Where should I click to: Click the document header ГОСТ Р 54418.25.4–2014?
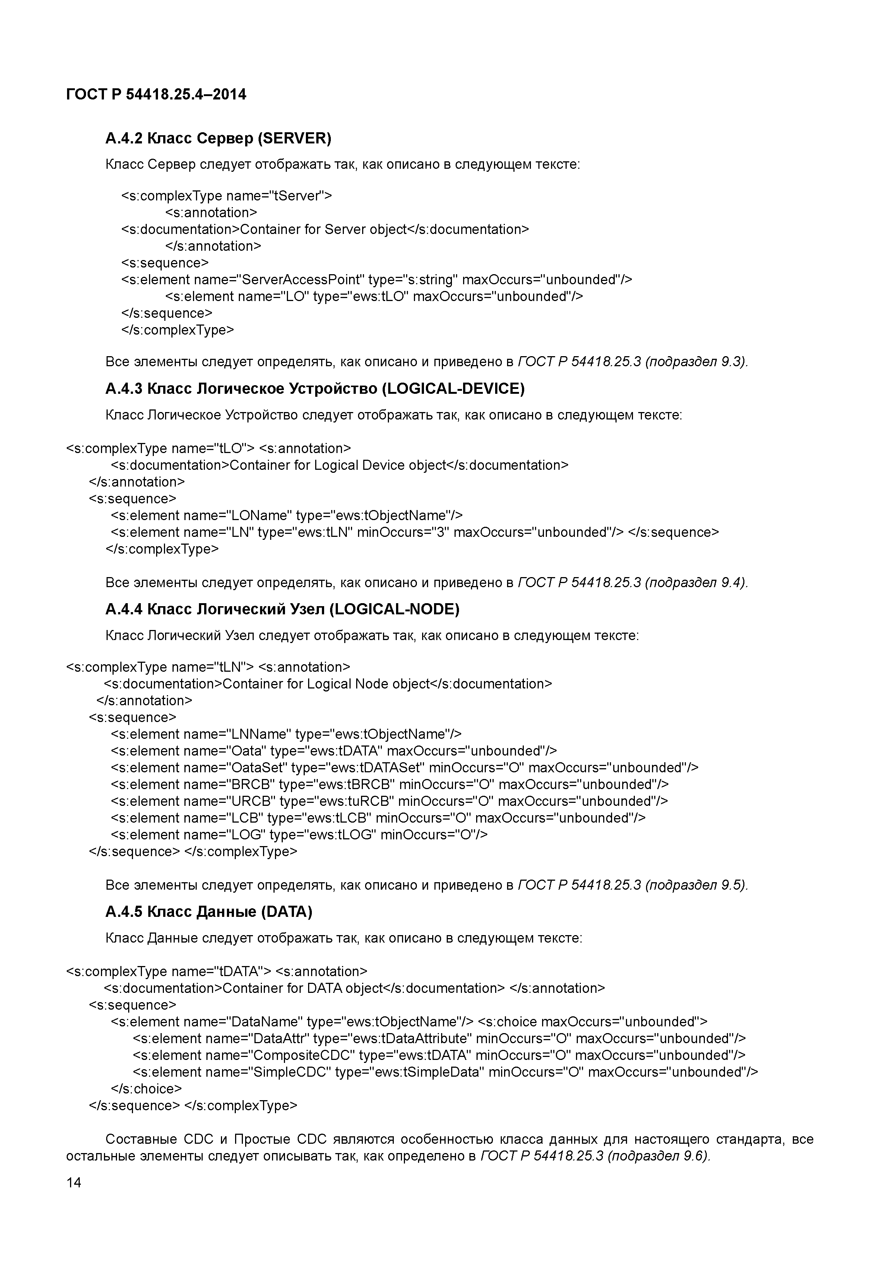156,94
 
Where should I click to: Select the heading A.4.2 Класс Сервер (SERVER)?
218,138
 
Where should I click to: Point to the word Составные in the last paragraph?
140,1139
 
